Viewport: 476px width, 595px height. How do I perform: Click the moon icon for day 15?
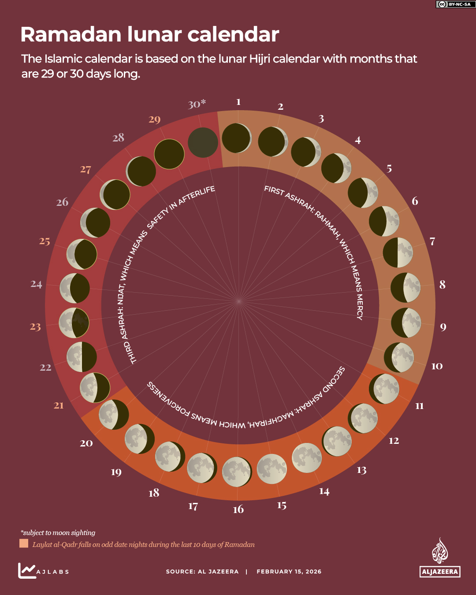(x=271, y=469)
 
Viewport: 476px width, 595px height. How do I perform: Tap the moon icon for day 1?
(x=237, y=138)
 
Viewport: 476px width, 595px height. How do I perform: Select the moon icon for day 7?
(x=398, y=253)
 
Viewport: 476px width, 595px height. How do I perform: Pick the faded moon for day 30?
(x=203, y=142)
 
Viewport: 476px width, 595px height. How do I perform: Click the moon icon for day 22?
(x=82, y=357)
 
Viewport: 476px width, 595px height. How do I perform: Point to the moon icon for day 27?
(x=115, y=194)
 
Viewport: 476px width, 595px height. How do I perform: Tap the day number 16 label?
(x=238, y=509)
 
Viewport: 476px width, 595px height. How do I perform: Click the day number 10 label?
(x=436, y=366)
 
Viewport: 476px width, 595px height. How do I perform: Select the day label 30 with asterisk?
(x=197, y=104)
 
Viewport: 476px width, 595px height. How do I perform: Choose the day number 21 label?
(x=59, y=405)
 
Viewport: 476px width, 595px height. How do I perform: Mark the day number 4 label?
(x=357, y=140)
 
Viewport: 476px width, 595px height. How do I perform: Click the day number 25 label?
(x=45, y=241)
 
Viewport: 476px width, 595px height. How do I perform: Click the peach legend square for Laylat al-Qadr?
(x=24, y=543)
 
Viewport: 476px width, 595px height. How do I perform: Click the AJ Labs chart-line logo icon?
(x=26, y=570)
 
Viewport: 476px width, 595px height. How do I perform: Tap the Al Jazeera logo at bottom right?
(x=440, y=558)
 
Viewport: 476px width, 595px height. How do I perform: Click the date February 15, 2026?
(x=289, y=572)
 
